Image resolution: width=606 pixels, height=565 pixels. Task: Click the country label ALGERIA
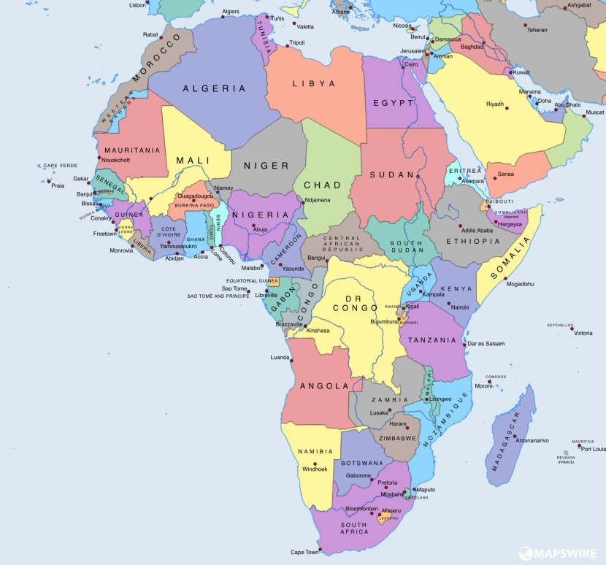(214, 88)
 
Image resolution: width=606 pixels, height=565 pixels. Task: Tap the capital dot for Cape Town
(320, 548)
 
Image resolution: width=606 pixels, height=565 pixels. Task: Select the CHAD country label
(322, 185)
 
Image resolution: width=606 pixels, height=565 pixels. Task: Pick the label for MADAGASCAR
(505, 441)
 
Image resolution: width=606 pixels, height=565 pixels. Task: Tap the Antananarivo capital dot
(515, 436)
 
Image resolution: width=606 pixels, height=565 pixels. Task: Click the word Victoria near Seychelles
(583, 333)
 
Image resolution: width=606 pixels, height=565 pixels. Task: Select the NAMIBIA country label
(316, 451)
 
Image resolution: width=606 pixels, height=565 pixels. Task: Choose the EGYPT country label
(394, 103)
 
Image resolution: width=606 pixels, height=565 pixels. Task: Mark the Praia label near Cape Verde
(58, 185)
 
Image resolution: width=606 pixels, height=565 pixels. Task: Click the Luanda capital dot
(291, 358)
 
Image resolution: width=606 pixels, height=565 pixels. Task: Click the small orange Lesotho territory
(380, 518)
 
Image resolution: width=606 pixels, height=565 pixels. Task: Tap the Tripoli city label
(296, 43)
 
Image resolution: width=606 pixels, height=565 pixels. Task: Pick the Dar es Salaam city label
(486, 343)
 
